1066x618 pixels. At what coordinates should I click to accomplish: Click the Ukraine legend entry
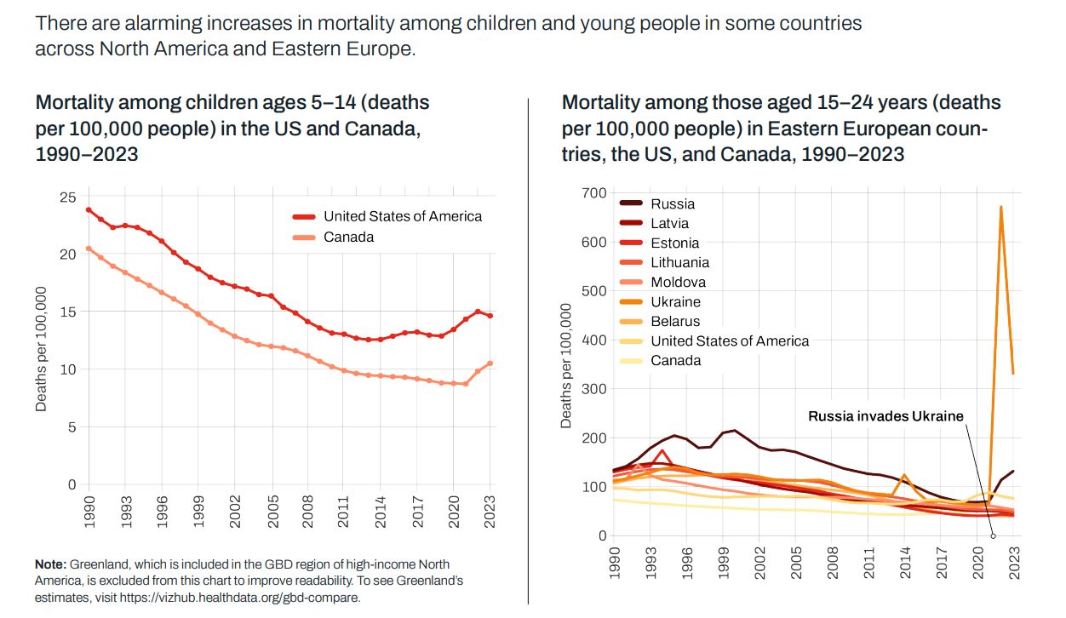pos(675,302)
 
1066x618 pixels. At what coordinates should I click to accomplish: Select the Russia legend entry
pos(673,204)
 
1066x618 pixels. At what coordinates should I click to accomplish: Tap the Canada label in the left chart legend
pos(348,237)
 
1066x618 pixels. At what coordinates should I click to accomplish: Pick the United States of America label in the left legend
pos(402,216)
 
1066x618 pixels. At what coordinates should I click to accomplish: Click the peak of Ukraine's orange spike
pos(1000,207)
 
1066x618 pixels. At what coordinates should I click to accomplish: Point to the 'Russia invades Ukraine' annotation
pos(885,416)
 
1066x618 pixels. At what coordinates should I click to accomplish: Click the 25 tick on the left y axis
pos(67,197)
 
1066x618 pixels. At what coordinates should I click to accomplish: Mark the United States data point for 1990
pos(89,209)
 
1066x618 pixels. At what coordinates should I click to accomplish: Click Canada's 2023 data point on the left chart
pos(490,363)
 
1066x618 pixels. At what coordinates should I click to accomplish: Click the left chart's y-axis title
pos(42,349)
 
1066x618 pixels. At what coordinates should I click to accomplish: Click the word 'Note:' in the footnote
pos(50,564)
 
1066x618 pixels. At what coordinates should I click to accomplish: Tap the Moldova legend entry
pos(678,283)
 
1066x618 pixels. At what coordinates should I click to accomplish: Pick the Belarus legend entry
pos(675,322)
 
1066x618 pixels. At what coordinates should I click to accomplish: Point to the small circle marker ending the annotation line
pos(993,535)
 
